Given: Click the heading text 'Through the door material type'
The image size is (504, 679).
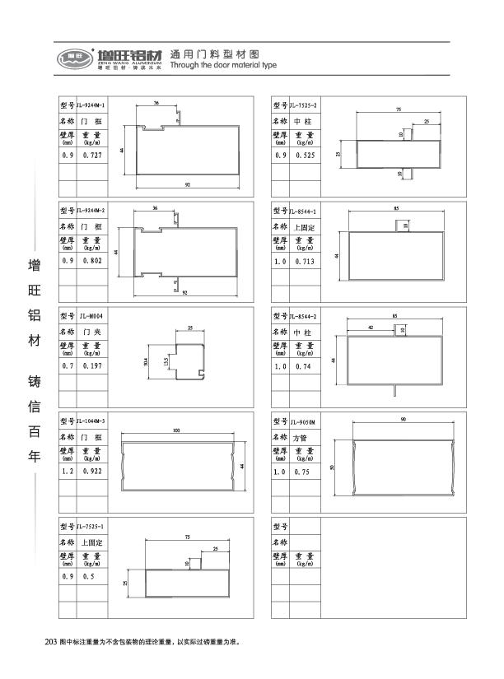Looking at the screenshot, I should tap(222, 65).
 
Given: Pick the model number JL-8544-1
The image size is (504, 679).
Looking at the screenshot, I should tap(306, 212).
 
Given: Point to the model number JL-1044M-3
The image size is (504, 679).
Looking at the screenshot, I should tap(91, 421).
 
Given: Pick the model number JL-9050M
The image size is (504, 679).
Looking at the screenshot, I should tap(305, 421).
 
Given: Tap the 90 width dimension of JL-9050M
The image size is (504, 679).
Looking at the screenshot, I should tap(403, 421).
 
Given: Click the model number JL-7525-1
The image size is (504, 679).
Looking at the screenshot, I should tap(91, 527).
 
